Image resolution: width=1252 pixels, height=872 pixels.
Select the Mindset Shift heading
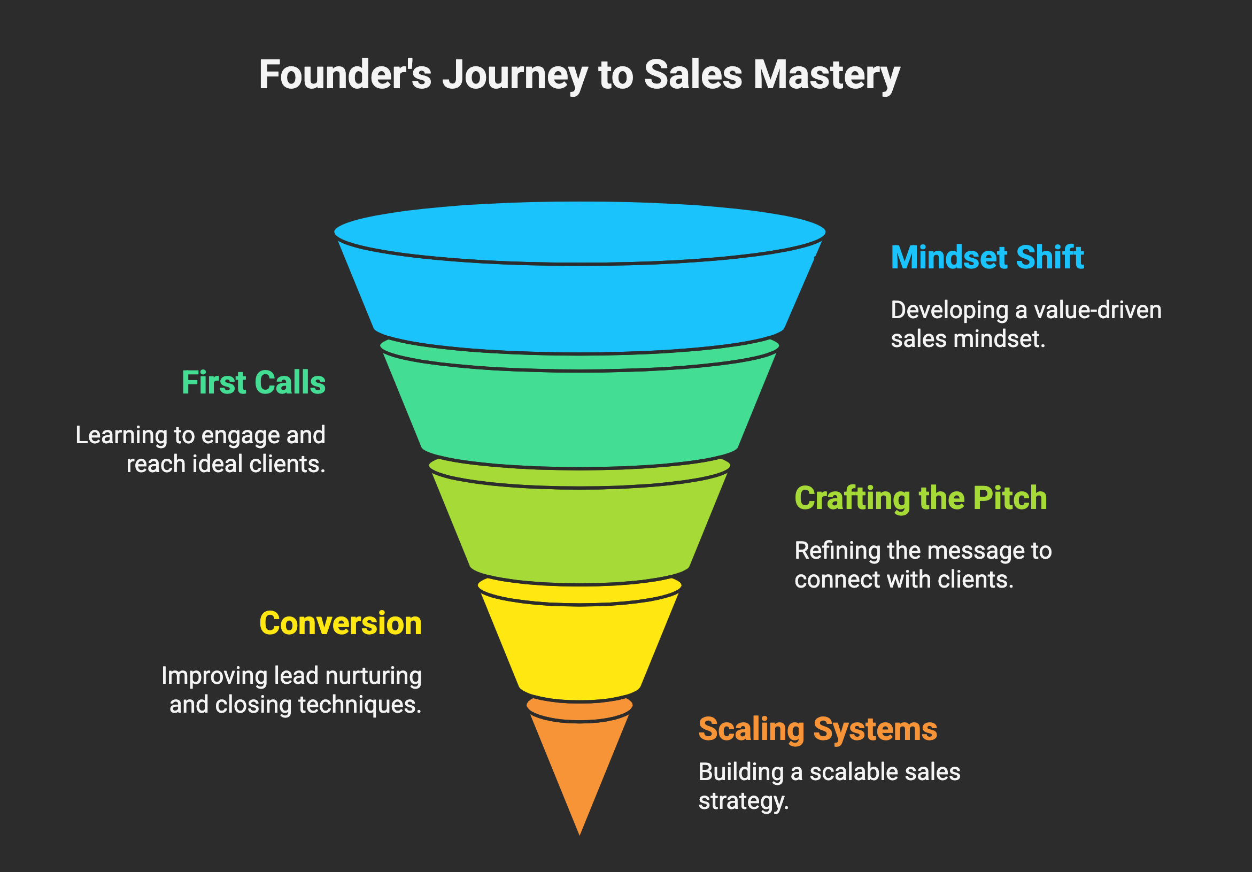[987, 257]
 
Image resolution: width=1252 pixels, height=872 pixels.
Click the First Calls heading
[253, 382]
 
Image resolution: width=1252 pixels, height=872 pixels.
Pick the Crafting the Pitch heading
[921, 498]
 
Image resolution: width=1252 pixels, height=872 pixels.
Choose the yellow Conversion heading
[341, 623]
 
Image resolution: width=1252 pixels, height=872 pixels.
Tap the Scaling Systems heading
[817, 729]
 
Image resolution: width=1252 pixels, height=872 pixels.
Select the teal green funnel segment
[579, 414]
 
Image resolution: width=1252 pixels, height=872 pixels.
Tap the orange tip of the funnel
[579, 763]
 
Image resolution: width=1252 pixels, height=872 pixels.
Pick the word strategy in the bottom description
[743, 801]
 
